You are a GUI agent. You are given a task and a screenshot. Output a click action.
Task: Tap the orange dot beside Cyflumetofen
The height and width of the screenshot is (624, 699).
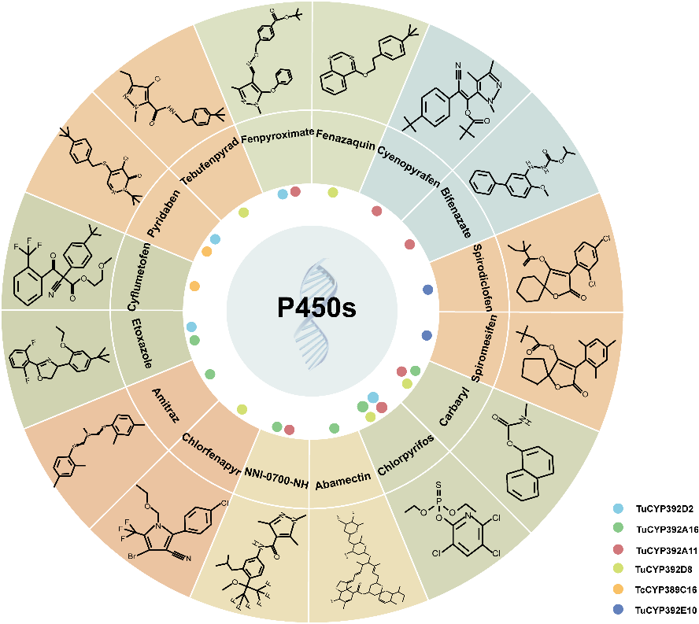[x=194, y=286]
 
